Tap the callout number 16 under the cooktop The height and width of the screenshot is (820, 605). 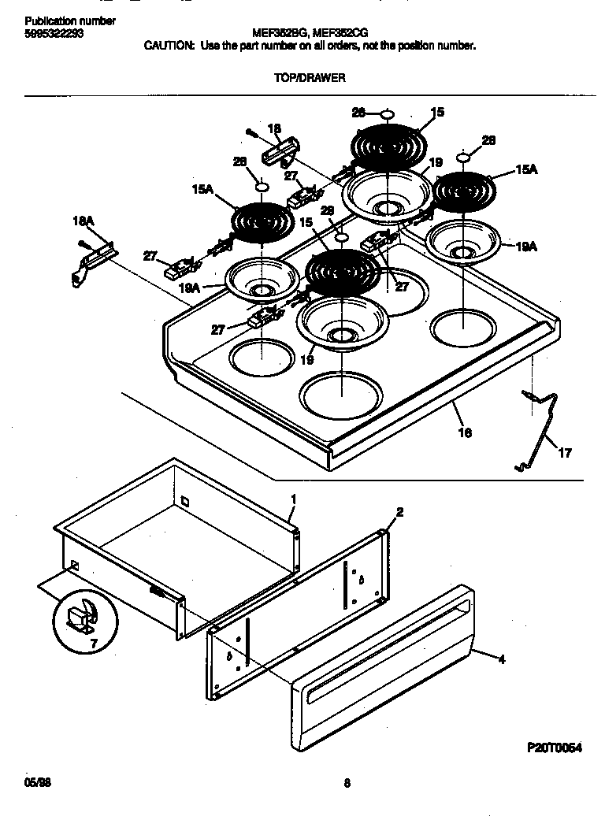point(465,432)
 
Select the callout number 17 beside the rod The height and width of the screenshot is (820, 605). point(566,453)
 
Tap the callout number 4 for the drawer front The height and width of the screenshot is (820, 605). point(501,660)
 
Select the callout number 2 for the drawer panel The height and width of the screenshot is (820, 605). point(399,512)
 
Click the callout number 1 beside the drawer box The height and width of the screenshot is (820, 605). point(293,499)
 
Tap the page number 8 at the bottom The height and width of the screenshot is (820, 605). point(347,783)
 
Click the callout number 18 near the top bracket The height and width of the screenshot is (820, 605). point(274,128)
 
